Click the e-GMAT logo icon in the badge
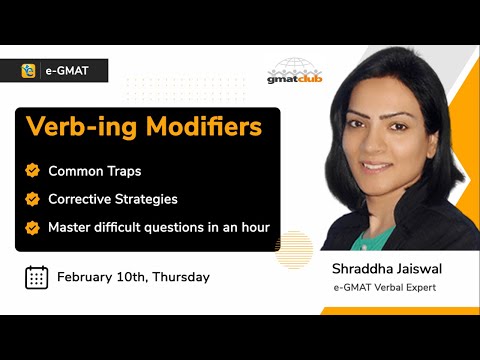30,71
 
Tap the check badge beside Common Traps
32,171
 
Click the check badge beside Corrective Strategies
32,199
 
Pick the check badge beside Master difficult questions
32,227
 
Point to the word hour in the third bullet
251,227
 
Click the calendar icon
36,277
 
